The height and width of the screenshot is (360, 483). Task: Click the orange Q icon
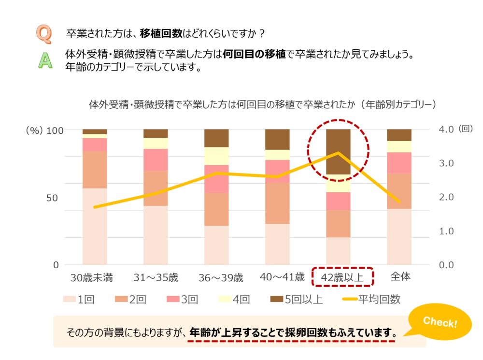44,34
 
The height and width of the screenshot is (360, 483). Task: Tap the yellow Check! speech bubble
440,322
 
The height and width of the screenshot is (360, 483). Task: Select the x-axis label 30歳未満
92,278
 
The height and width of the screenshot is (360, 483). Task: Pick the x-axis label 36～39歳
221,278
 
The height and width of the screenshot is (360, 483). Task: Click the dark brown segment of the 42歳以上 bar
338,151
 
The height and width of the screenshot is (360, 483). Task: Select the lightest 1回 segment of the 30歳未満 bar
95,226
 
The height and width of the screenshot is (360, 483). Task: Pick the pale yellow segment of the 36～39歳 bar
216,156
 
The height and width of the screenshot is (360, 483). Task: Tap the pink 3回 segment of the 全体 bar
399,162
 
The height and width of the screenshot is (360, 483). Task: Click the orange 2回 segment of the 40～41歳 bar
277,203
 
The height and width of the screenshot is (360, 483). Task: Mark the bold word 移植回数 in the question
161,34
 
